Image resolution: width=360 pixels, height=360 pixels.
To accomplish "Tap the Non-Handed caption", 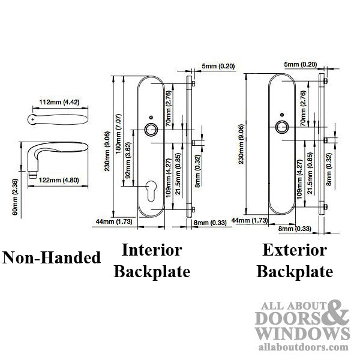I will click(52, 258).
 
